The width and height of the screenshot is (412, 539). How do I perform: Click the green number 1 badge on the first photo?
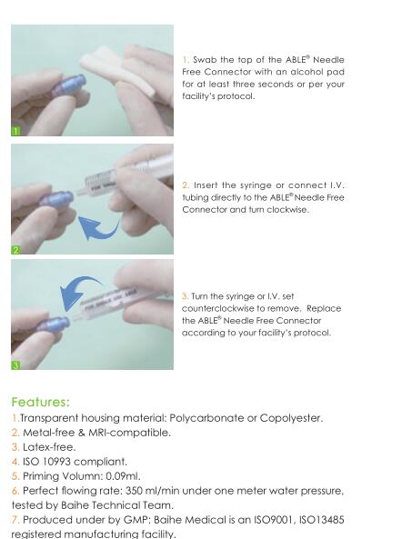click(x=15, y=131)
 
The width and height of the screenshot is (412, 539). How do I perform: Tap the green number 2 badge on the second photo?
click(x=15, y=250)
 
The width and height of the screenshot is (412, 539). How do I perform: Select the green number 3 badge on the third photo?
click(x=15, y=365)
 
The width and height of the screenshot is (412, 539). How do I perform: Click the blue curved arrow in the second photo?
click(x=100, y=230)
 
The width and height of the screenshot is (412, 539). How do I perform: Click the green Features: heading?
click(x=41, y=402)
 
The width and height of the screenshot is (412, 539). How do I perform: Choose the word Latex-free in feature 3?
click(x=49, y=447)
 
